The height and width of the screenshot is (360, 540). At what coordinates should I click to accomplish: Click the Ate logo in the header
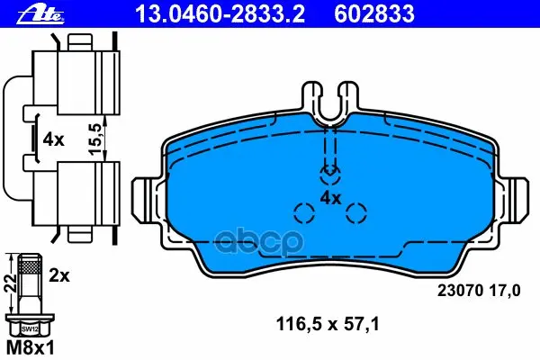tap(40, 14)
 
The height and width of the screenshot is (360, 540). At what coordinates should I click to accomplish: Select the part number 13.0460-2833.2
tap(220, 14)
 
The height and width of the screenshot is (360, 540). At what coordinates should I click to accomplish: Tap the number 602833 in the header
tap(374, 14)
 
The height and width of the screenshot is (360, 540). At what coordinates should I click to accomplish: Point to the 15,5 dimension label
tap(96, 139)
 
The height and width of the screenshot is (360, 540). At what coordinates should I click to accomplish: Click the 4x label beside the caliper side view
tap(53, 139)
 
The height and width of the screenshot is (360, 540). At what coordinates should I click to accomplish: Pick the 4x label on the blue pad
tap(330, 198)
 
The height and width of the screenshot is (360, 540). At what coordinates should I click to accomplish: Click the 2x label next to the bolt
tap(58, 275)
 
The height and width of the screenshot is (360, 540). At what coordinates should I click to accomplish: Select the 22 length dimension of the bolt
tap(10, 283)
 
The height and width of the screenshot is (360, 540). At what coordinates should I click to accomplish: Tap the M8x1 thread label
tap(31, 348)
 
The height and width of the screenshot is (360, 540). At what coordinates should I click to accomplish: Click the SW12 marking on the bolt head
tap(30, 329)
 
